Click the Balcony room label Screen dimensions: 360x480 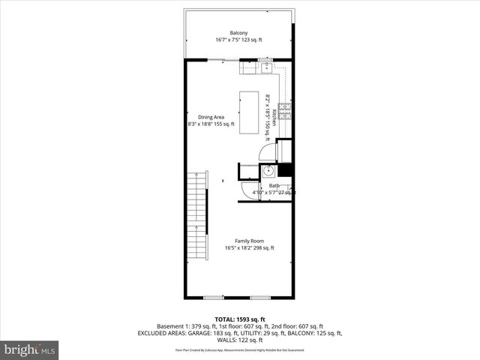[x=239, y=32]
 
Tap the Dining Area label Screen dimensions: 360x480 [x=211, y=117]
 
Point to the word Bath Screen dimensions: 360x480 [x=274, y=185]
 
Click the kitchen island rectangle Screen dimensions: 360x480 [x=250, y=112]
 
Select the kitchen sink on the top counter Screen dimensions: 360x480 [x=266, y=67]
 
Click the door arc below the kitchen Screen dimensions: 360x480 [x=268, y=151]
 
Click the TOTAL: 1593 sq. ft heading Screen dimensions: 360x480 [x=239, y=319]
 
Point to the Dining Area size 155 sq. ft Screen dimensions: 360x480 [x=224, y=124]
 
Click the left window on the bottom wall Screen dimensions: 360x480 [x=214, y=298]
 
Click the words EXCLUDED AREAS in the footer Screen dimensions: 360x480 [x=163, y=332]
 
